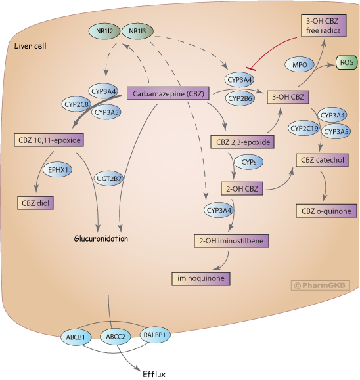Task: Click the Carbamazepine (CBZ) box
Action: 168,94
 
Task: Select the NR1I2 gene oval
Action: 102,31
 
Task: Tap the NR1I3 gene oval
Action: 138,31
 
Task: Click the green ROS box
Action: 346,63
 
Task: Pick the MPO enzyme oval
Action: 299,64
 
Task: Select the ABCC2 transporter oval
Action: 114,338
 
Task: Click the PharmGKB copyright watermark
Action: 321,285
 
